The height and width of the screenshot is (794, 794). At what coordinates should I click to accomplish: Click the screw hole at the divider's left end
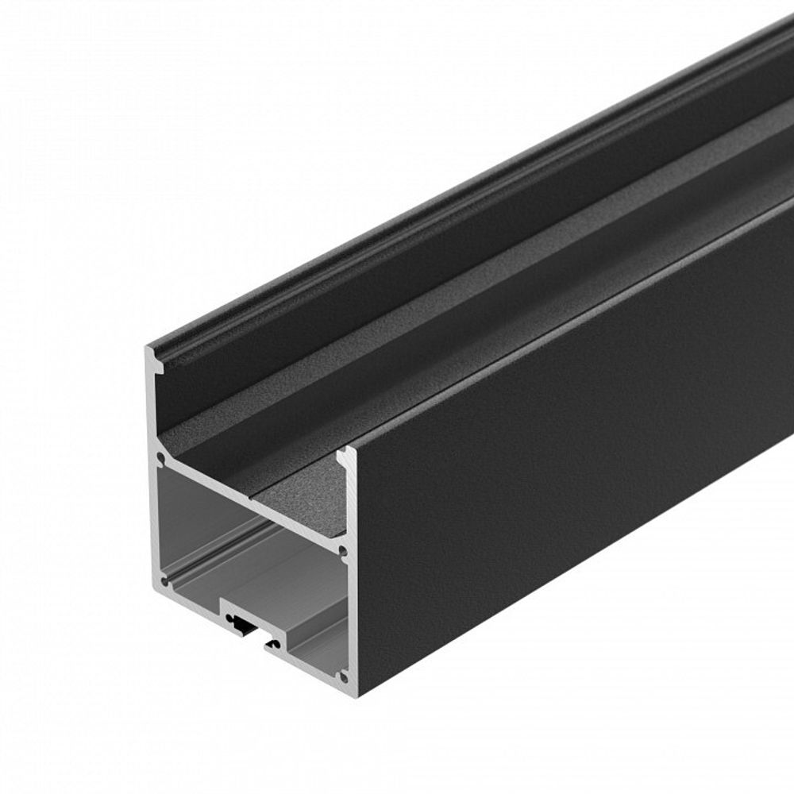(161, 458)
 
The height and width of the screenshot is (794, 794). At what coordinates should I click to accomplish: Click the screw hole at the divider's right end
(342, 549)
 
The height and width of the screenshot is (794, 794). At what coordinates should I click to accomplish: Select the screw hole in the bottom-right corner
(343, 677)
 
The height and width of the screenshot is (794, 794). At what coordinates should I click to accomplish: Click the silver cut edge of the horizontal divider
(254, 507)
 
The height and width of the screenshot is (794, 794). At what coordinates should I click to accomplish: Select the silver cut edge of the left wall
(152, 516)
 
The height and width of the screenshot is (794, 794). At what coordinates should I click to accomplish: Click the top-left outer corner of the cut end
(147, 349)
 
